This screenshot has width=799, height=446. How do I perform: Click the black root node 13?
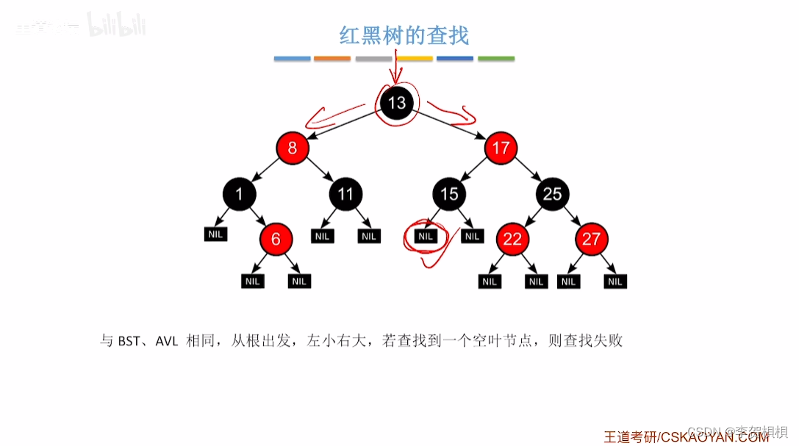397,103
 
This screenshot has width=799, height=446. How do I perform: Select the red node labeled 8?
293,148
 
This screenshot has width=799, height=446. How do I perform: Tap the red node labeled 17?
501,148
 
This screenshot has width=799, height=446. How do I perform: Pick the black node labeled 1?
239,194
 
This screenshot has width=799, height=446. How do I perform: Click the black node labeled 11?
345,194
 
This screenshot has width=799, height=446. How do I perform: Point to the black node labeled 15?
449,194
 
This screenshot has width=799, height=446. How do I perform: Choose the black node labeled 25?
552,194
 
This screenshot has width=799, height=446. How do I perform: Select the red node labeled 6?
276,239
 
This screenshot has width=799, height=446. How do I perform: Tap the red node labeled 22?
512,239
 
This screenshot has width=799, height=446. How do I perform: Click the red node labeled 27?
591,239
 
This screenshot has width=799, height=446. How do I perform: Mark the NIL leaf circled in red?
426,236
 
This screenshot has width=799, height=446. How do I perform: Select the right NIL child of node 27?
615,281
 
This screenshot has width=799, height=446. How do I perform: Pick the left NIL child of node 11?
323,236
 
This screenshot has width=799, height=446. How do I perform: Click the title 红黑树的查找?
404,35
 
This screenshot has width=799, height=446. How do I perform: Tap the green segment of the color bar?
496,59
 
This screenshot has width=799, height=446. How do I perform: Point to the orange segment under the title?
332,59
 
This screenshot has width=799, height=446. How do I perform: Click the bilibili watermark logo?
117,26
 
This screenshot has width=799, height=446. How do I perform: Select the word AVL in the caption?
167,342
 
